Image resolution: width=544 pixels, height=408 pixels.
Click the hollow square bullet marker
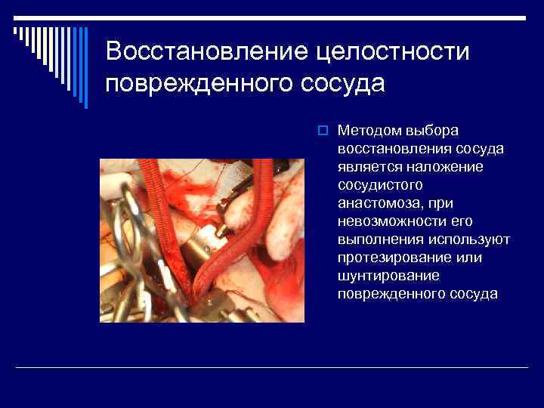pos(321,131)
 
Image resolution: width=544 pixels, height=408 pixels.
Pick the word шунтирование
pos(382,276)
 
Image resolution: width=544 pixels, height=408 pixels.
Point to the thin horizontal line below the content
pos(272,367)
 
